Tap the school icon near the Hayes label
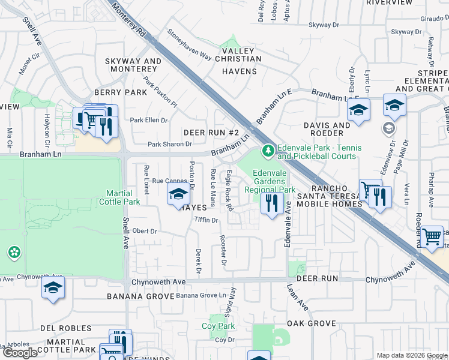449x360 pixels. pyautogui.click(x=178, y=194)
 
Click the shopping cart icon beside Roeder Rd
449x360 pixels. pyautogui.click(x=432, y=236)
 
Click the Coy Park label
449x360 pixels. pyautogui.click(x=218, y=326)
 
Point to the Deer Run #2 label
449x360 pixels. pyautogui.click(x=211, y=133)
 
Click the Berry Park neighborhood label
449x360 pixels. pyautogui.click(x=121, y=92)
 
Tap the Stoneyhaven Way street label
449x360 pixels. pyautogui.click(x=189, y=46)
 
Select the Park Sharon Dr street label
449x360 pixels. pyautogui.click(x=170, y=144)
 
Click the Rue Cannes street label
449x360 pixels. pyautogui.click(x=170, y=181)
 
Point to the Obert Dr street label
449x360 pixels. pyautogui.click(x=144, y=231)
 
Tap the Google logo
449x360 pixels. pyautogui.click(x=20, y=353)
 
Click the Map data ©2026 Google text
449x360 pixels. pyautogui.click(x=412, y=355)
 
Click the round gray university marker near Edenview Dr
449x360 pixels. pyautogui.click(x=389, y=128)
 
